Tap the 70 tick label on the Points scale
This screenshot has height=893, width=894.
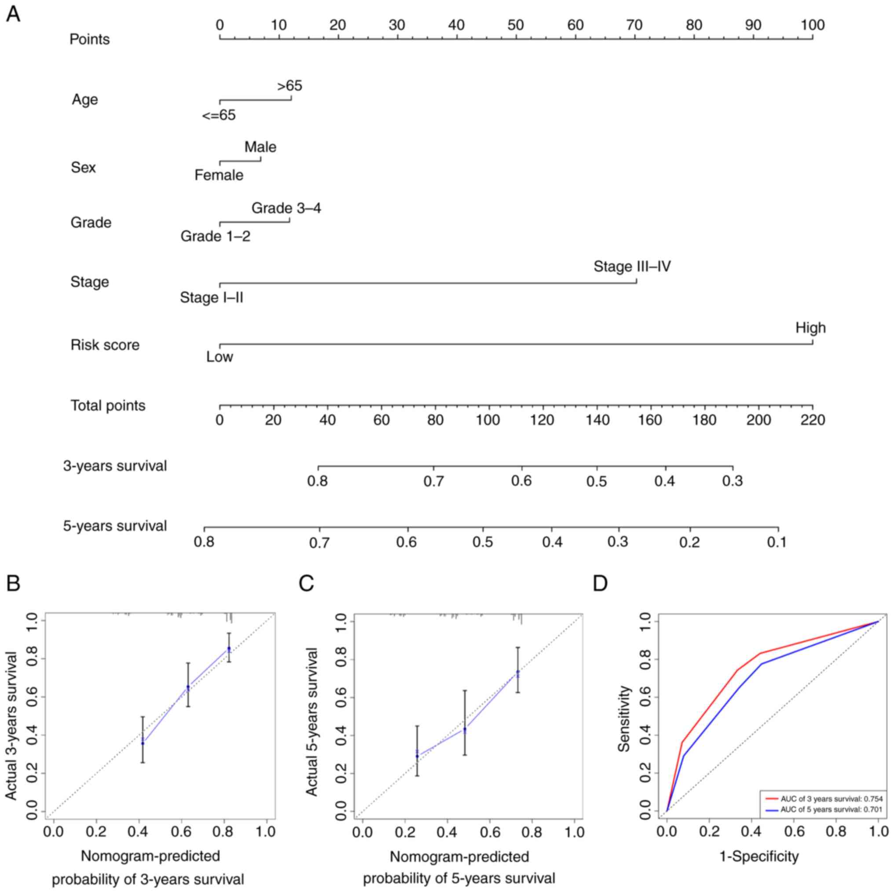coord(634,25)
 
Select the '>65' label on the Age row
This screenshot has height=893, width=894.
coord(289,86)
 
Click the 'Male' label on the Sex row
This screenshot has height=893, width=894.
coord(260,147)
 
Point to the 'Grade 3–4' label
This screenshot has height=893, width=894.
coord(286,208)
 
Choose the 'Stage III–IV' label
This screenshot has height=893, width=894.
coord(632,267)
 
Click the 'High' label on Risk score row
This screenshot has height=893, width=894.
coord(810,328)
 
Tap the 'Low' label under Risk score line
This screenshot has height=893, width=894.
coord(220,357)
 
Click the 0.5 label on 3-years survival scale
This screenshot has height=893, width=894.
coord(597,481)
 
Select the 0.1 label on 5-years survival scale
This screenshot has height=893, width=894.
coord(777,542)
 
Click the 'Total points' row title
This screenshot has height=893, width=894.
coord(108,405)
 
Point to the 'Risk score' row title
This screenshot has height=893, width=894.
coord(105,345)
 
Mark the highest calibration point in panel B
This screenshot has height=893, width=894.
coord(229,649)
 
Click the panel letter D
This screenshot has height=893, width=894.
coord(600,584)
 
